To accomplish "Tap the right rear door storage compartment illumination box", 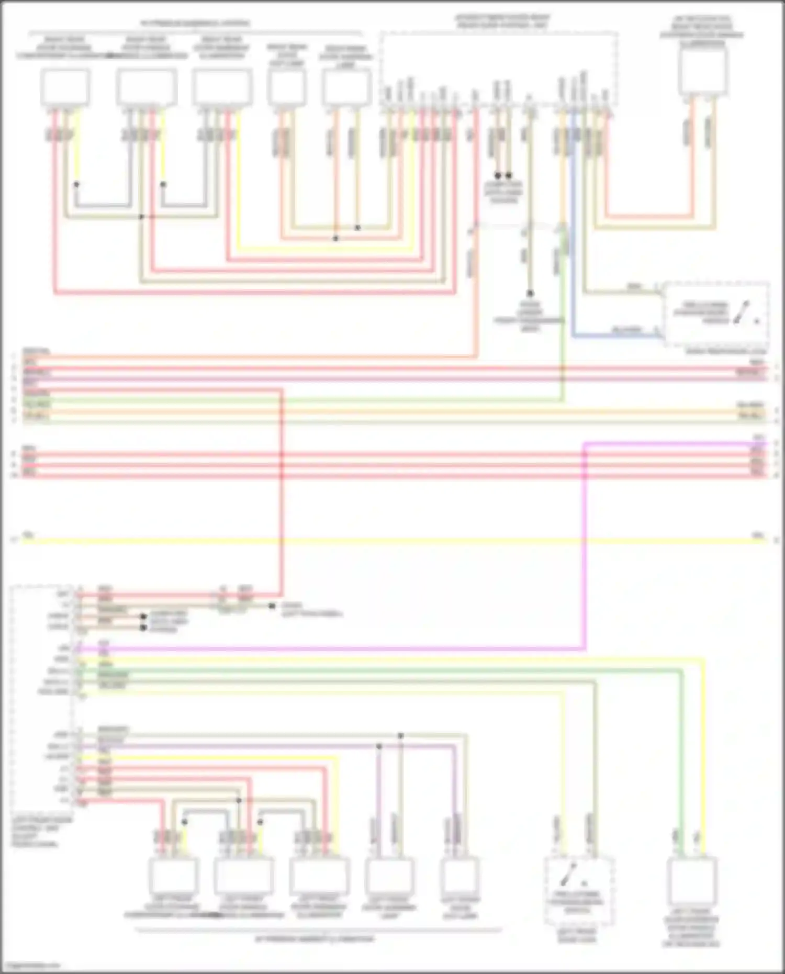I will (65, 87).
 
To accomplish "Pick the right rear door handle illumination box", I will (147, 87).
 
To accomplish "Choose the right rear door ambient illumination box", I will (222, 87).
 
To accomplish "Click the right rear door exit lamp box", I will (286, 87).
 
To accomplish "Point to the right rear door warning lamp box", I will (346, 87).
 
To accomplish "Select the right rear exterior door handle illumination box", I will (702, 72).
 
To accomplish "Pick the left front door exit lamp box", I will (459, 875).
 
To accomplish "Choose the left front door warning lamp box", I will (389, 875).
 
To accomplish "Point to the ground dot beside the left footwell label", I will (272, 606).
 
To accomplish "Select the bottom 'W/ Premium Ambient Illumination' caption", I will (315, 939).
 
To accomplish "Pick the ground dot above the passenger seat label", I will (530, 294).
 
